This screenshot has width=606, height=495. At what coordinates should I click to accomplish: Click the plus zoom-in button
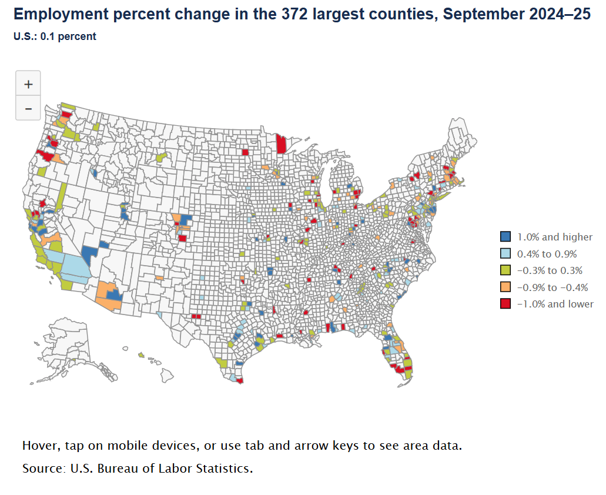(x=28, y=84)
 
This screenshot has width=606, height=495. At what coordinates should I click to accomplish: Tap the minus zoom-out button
(x=28, y=109)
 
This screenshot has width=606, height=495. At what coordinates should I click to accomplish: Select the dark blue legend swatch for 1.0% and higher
(x=505, y=237)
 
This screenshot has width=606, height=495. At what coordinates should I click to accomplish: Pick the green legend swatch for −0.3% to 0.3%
(x=505, y=270)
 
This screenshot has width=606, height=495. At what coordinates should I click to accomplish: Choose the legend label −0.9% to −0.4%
(x=552, y=287)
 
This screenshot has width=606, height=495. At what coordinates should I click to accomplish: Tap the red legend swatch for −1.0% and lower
(x=505, y=304)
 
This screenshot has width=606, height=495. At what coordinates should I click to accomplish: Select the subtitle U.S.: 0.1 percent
(x=55, y=36)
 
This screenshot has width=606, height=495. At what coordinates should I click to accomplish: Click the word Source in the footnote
(x=43, y=469)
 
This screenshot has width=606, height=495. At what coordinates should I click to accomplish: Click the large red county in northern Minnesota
(x=282, y=144)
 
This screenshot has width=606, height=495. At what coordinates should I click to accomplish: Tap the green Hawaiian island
(x=141, y=355)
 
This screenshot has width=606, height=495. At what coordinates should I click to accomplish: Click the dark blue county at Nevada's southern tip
(x=89, y=254)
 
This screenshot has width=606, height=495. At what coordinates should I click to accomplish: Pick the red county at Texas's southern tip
(x=239, y=380)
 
